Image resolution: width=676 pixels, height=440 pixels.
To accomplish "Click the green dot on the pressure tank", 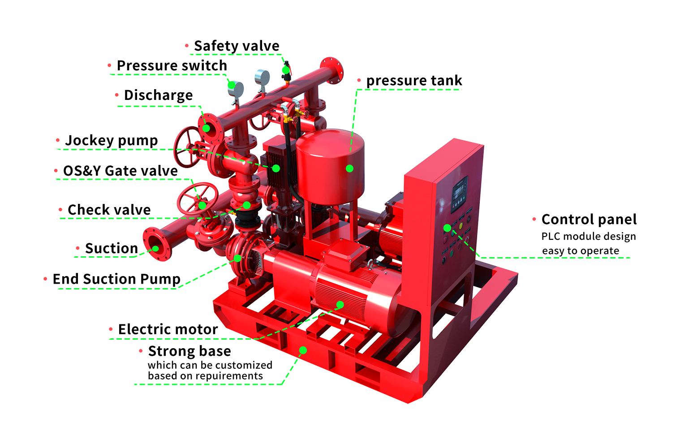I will (349, 168).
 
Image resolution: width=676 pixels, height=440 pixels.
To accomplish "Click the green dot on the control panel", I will (447, 228).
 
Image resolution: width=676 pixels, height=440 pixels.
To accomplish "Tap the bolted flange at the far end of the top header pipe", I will (332, 70).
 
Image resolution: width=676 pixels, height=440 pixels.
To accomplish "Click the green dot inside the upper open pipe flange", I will (206, 128).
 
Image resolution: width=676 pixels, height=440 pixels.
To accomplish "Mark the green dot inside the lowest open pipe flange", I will (155, 248).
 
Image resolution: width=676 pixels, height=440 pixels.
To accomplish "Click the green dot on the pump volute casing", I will (237, 258).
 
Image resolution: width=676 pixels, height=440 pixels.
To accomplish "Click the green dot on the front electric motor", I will (340, 305).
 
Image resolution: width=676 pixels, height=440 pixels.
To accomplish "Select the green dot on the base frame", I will (303, 350).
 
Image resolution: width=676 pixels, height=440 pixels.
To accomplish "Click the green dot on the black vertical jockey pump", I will (276, 168).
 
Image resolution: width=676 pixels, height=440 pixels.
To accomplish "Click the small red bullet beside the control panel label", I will (534, 219).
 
